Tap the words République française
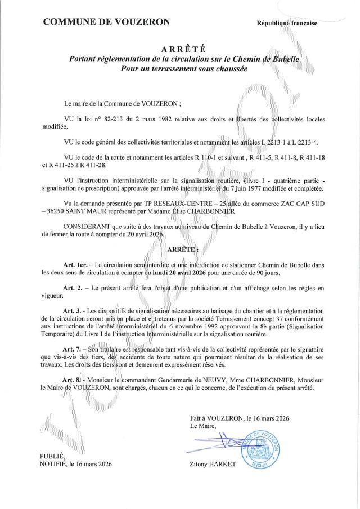coord(287,23)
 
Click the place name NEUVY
coord(208,381)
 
